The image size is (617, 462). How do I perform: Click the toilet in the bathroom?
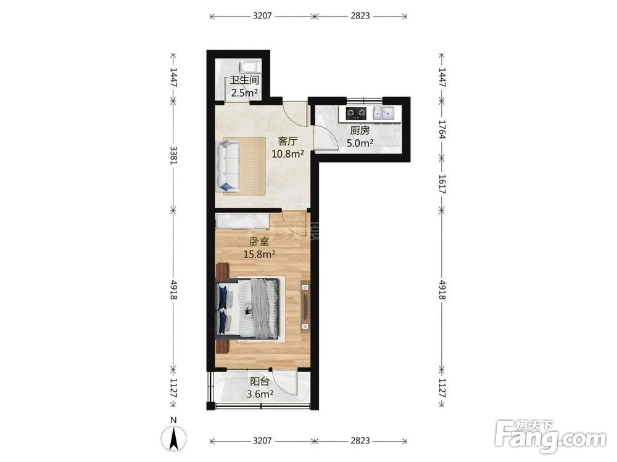(251, 66)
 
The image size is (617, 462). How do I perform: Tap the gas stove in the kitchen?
(356, 113)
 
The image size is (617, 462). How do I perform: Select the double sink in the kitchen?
(384, 113)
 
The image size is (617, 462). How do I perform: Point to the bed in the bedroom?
(247, 308)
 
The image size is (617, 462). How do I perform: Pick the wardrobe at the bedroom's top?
(243, 221)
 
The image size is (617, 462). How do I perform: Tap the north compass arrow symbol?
(173, 439)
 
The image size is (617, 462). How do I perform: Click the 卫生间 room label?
(244, 80)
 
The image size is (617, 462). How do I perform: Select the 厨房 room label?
(360, 131)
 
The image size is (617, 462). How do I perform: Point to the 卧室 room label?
(259, 241)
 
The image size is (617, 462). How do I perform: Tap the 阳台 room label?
(260, 381)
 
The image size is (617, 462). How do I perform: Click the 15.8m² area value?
(259, 254)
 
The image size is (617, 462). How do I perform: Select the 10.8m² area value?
(288, 153)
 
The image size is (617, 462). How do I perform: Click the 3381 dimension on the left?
(173, 155)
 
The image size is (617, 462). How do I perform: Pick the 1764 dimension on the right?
(442, 129)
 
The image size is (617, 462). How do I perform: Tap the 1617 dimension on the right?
(442, 184)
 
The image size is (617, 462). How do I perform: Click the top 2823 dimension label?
(360, 16)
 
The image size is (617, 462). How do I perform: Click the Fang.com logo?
(550, 437)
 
